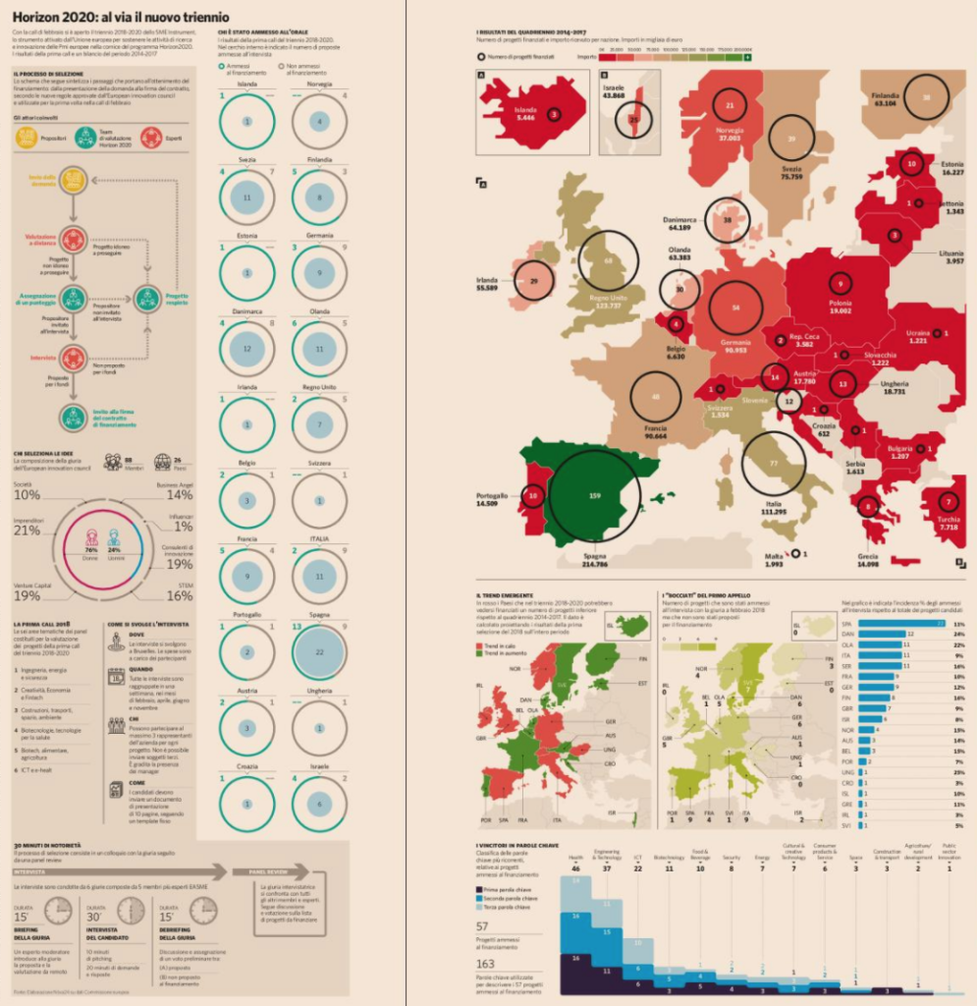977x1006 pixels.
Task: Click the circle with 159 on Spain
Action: pyautogui.click(x=594, y=496)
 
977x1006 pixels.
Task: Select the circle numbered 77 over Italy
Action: pyautogui.click(x=773, y=462)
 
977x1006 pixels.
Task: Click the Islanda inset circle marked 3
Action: pyautogui.click(x=555, y=114)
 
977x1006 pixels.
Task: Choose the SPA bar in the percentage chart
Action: pyautogui.click(x=901, y=623)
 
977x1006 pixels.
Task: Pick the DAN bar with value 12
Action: pyautogui.click(x=882, y=634)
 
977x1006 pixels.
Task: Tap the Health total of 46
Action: pyautogui.click(x=575, y=868)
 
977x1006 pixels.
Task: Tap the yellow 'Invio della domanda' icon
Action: pyautogui.click(x=73, y=180)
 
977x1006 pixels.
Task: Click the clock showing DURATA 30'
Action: pyautogui.click(x=130, y=911)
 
